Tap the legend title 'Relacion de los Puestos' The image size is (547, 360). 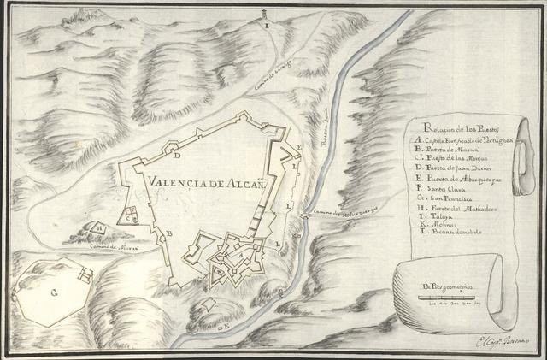[450, 130]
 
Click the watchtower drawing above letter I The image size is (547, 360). [267, 13]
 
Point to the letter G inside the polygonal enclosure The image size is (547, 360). [53, 292]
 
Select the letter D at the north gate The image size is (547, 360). [176, 156]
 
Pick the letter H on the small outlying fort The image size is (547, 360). [100, 229]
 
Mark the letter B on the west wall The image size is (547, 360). [170, 233]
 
